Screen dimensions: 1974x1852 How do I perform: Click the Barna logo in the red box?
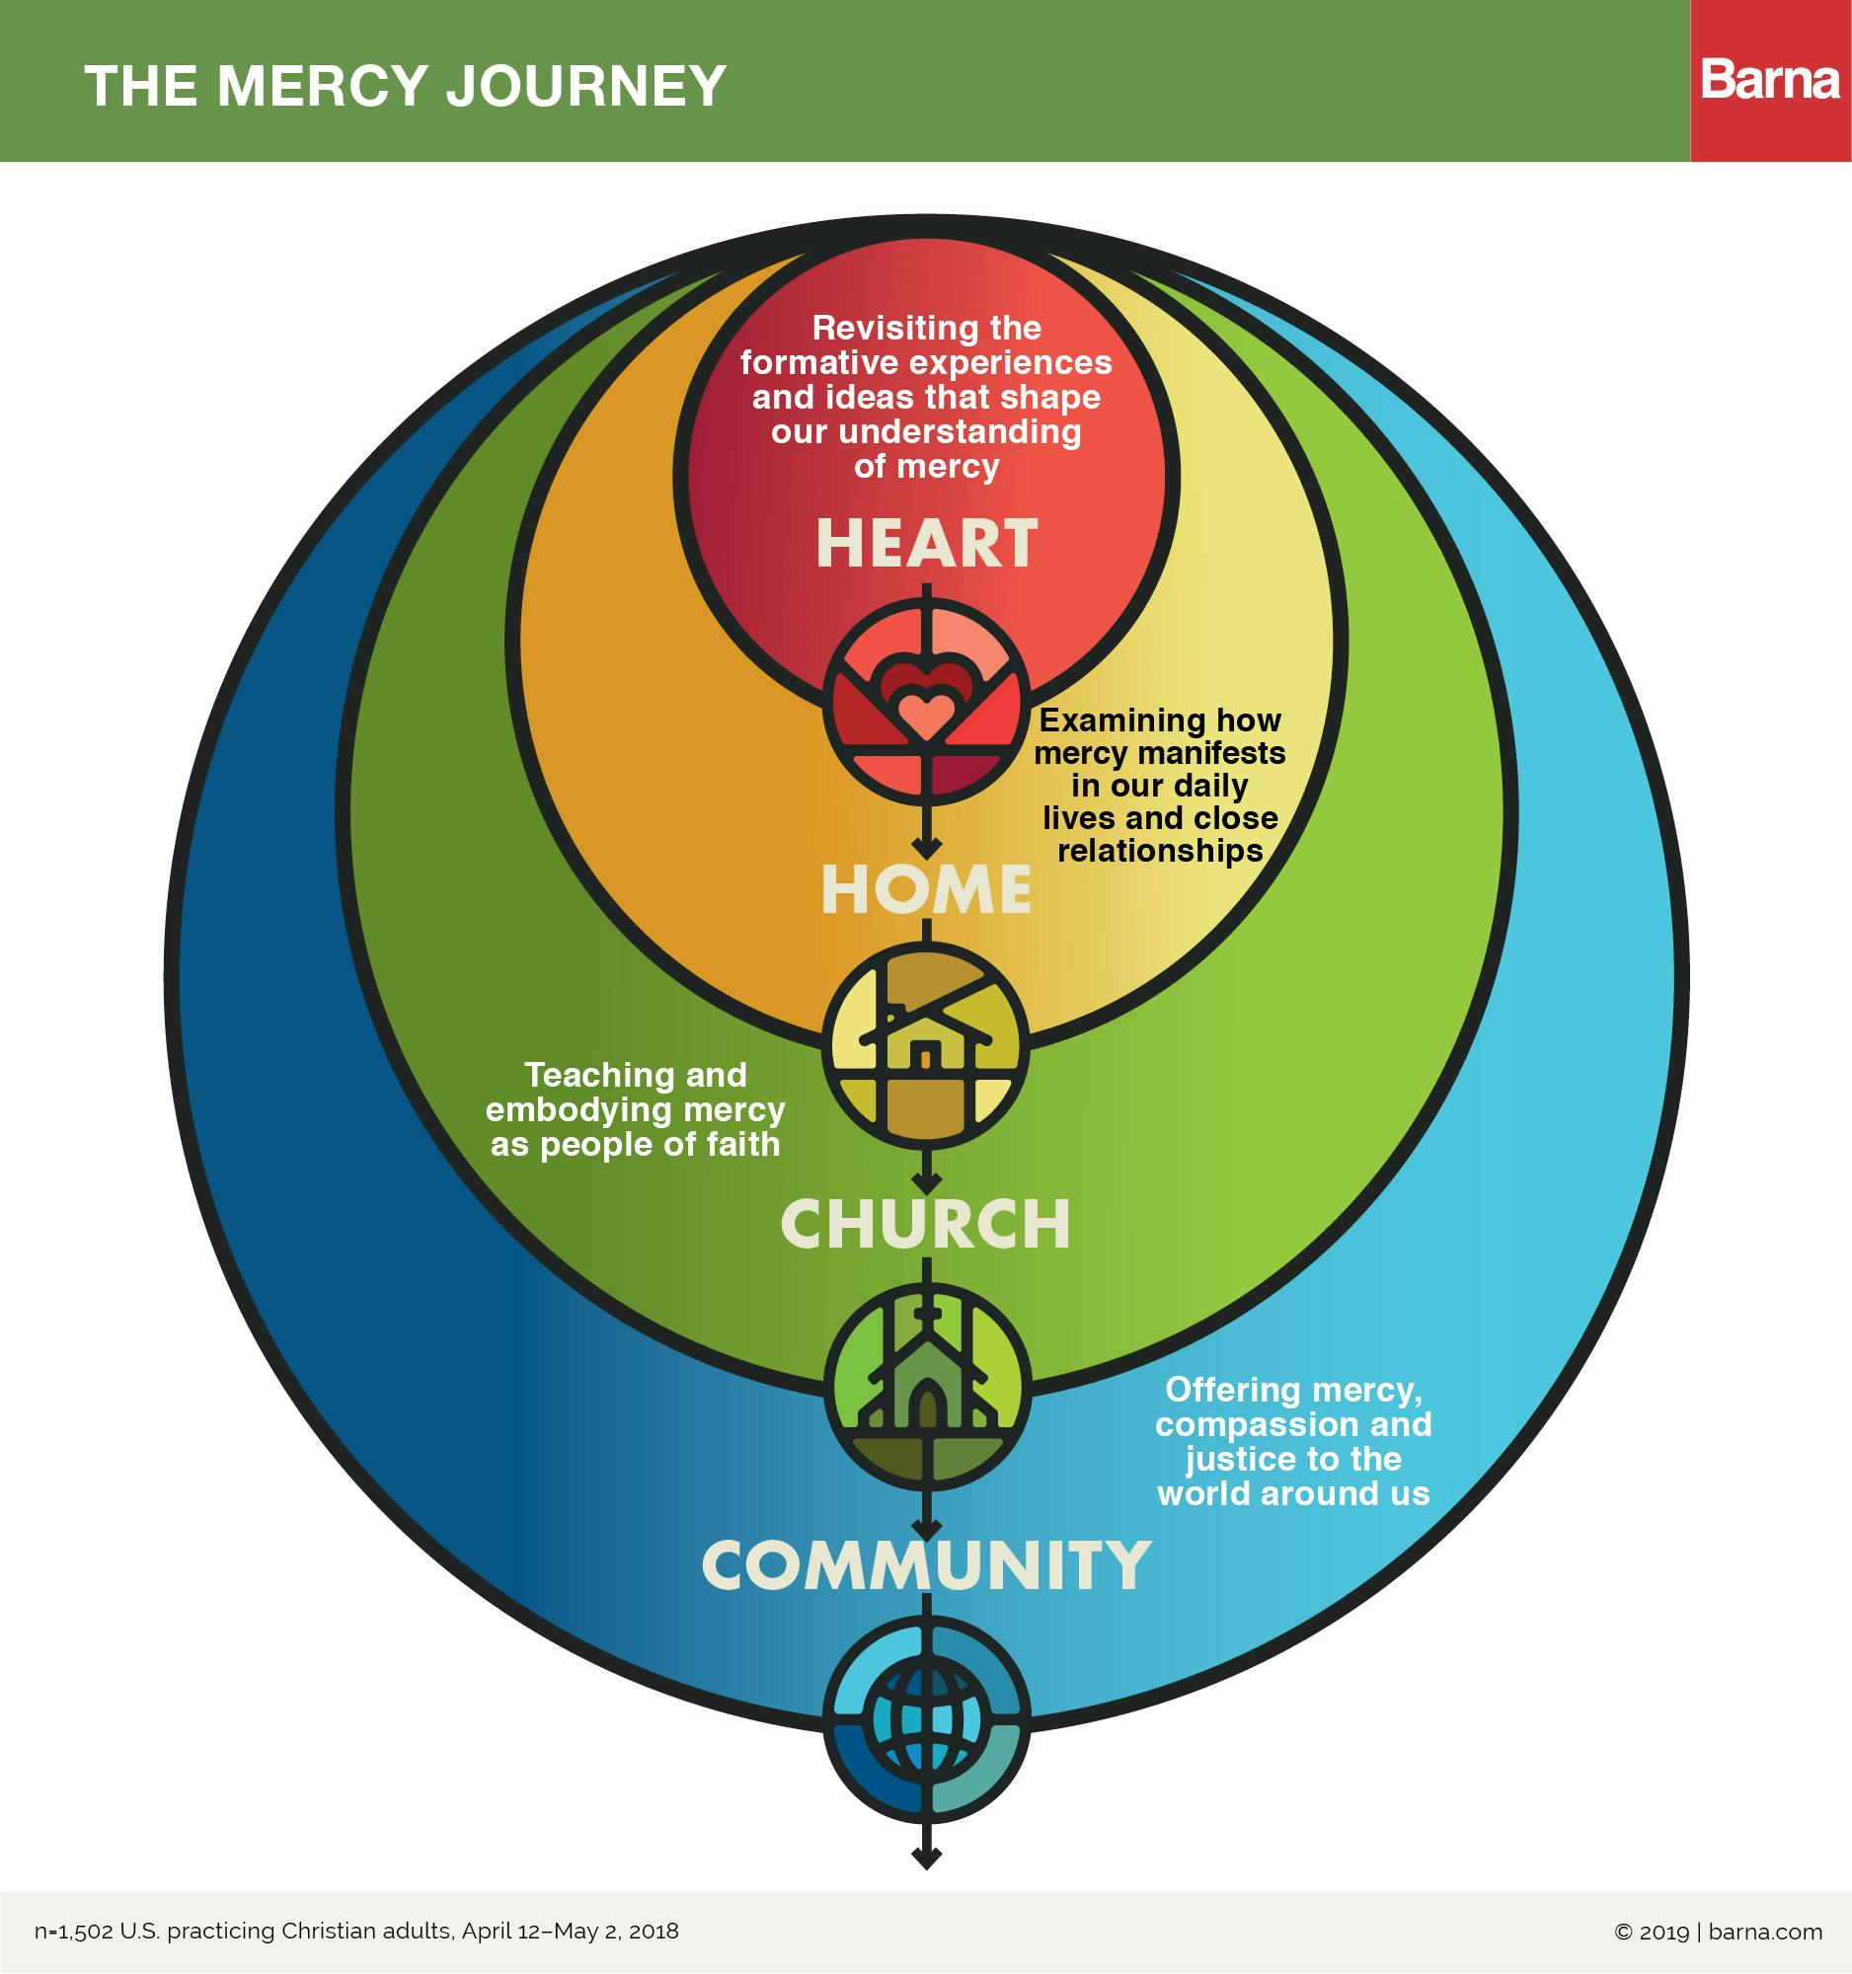click(x=1771, y=80)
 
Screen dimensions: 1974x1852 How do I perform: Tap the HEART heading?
click(x=927, y=544)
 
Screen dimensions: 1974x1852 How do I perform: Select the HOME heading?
click(x=927, y=889)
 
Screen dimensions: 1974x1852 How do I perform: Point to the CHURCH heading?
click(x=927, y=1225)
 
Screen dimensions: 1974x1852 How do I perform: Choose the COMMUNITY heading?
click(x=927, y=1566)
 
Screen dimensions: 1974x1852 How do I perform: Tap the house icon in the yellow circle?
click(x=927, y=1044)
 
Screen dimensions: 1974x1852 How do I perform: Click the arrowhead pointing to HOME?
click(x=927, y=850)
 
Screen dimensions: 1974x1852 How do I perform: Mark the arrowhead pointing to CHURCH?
click(x=927, y=1183)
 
